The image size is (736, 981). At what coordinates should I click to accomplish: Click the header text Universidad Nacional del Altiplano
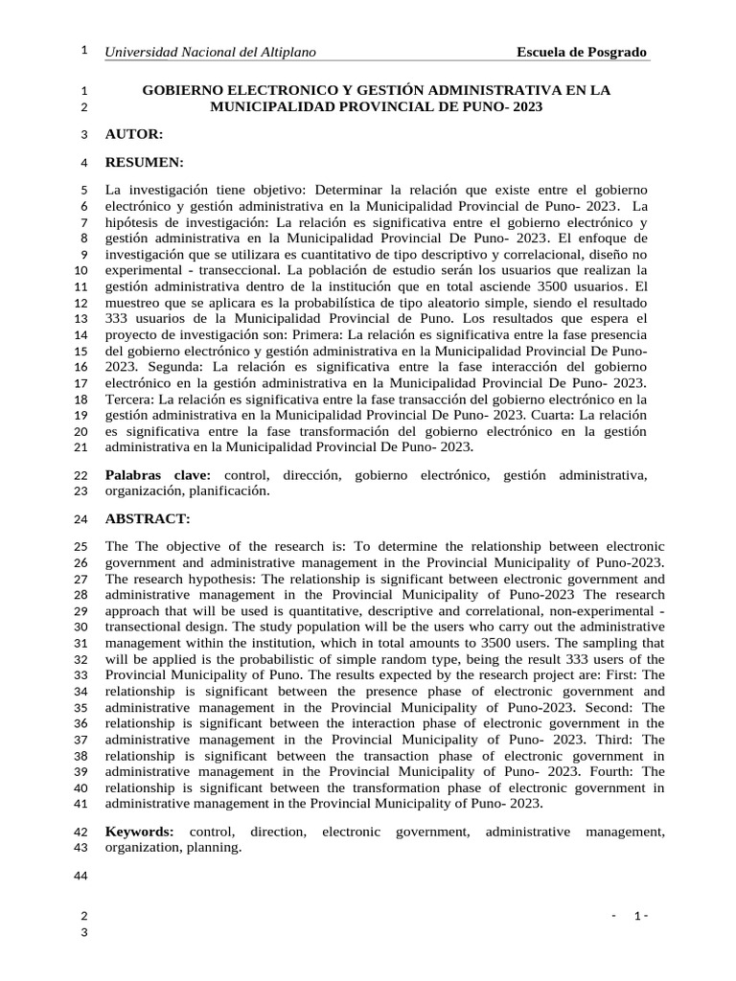(211, 52)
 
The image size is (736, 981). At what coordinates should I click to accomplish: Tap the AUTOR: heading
(134, 134)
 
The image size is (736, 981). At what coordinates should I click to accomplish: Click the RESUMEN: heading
(144, 162)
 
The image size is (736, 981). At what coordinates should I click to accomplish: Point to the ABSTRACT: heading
(148, 518)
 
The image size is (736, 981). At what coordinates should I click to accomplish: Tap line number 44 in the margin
(80, 877)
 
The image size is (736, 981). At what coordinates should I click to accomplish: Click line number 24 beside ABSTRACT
(80, 519)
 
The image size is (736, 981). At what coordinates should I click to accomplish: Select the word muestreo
(134, 303)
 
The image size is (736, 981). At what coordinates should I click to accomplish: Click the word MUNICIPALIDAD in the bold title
(270, 107)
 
